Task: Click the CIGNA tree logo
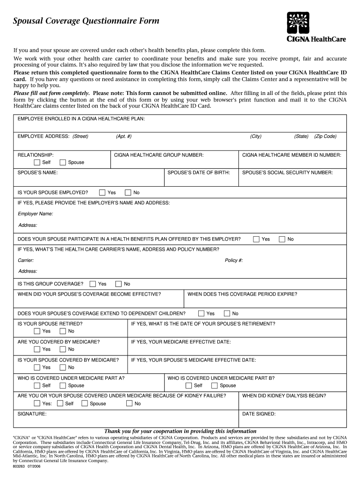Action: (298, 22)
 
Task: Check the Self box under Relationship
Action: (37, 162)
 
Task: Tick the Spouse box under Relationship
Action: (63, 162)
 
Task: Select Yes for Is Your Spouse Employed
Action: (102, 192)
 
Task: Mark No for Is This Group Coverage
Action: (118, 284)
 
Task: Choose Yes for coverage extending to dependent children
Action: (201, 313)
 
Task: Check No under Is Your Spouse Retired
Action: (63, 331)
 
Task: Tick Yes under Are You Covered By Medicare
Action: (37, 349)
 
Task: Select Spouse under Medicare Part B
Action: (214, 385)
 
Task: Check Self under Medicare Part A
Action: (37, 385)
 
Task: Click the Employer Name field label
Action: (35, 214)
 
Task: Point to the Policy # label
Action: (234, 261)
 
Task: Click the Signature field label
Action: (32, 414)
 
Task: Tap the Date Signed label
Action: (259, 414)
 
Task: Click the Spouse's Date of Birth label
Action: (199, 173)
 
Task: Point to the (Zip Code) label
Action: (325, 136)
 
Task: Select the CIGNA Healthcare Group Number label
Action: (158, 154)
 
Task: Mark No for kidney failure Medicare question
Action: (129, 404)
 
